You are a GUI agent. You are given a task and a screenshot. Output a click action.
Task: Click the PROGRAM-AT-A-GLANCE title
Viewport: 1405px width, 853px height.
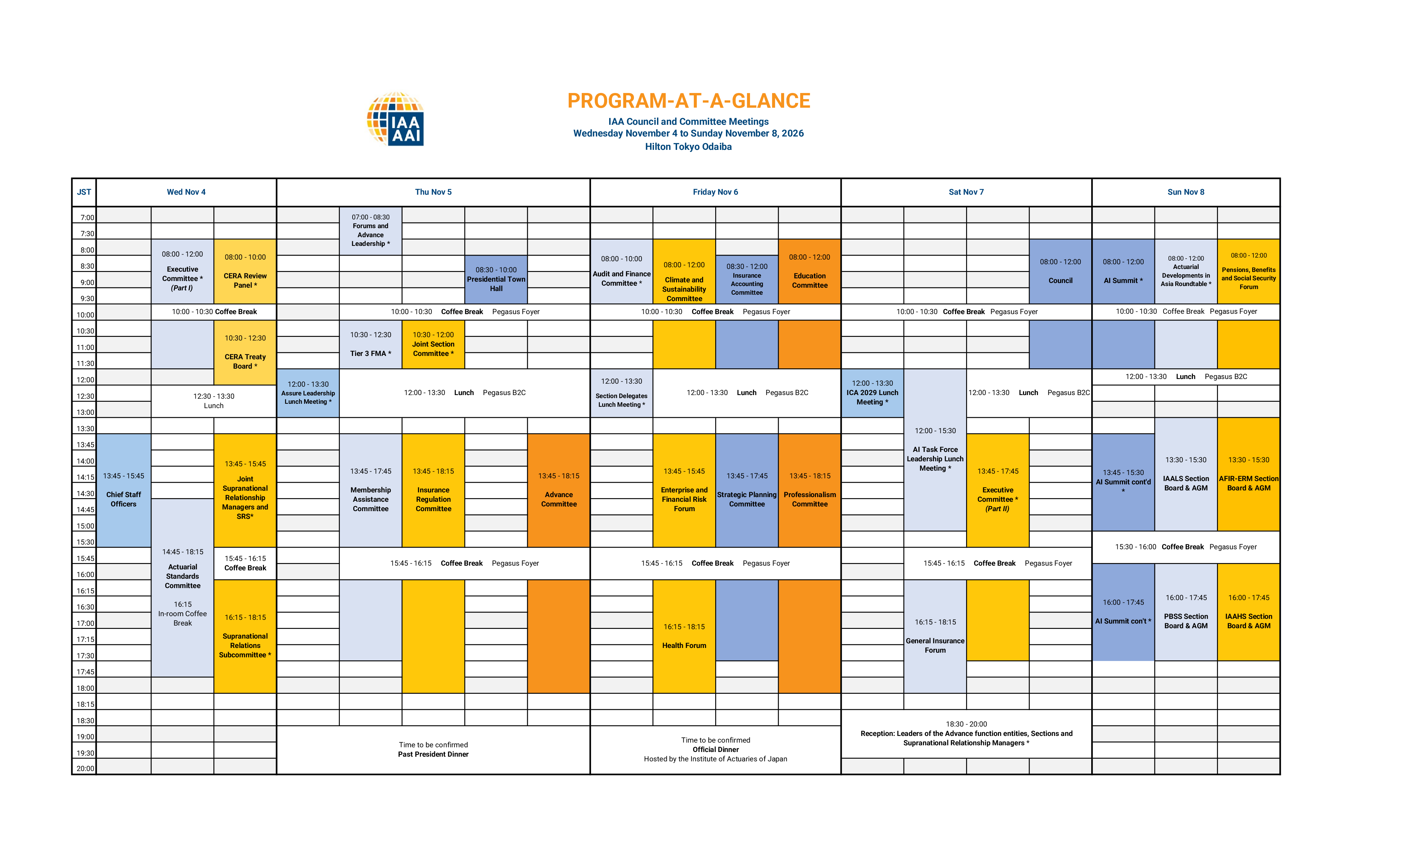688,101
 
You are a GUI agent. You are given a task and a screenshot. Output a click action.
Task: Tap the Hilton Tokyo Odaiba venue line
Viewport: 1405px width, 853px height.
688,147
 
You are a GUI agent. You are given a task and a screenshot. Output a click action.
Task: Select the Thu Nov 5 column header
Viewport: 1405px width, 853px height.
433,192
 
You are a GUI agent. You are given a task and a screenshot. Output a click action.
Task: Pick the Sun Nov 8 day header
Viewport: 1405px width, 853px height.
1186,192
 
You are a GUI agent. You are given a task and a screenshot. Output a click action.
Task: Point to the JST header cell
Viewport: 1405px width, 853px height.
84,192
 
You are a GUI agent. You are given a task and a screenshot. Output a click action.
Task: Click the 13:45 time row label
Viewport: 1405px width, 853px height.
86,445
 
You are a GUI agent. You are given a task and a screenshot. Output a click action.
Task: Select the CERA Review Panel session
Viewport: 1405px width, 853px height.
245,271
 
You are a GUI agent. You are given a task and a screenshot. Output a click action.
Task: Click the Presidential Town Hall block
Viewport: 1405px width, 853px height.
496,279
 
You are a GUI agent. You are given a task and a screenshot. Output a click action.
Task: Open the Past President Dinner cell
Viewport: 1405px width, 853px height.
433,750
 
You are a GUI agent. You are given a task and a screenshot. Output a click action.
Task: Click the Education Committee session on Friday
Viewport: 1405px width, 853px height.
809,271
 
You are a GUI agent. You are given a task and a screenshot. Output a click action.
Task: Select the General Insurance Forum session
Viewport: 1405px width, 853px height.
935,636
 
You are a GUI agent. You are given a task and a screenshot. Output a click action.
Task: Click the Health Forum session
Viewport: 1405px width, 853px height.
684,636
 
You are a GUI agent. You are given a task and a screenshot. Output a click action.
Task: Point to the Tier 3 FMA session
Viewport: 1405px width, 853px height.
371,345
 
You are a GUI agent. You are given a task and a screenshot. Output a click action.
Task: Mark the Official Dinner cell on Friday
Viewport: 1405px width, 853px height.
715,749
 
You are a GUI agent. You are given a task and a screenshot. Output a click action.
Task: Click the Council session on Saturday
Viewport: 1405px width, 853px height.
1060,271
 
